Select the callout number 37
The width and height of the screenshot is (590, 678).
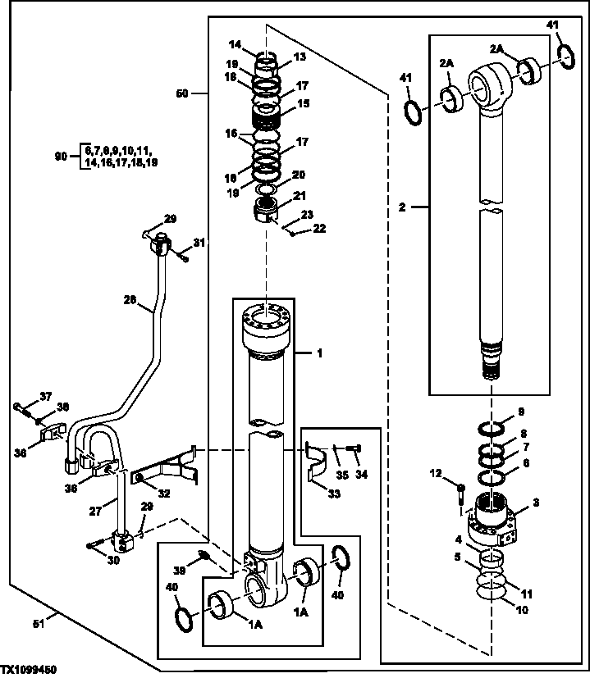pos(46,396)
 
